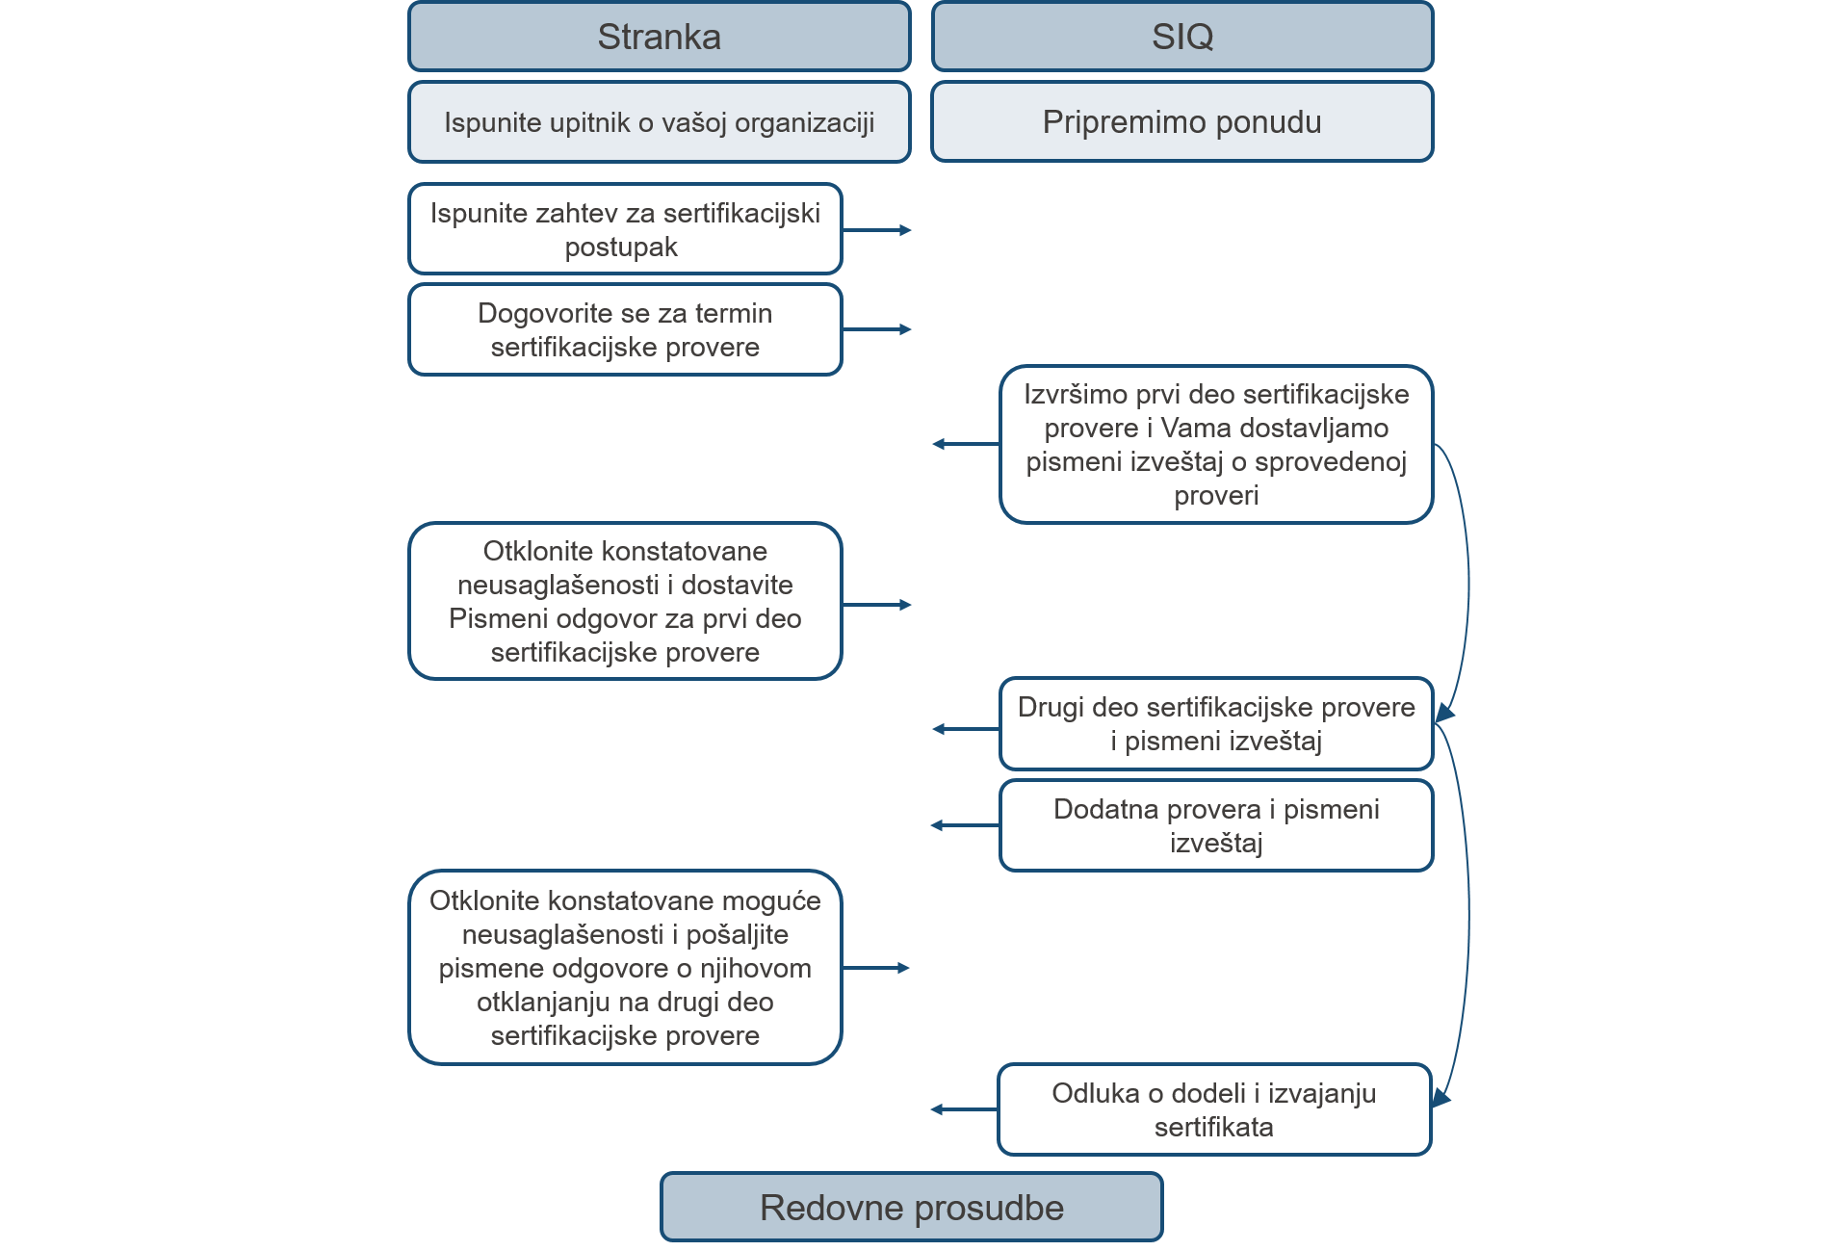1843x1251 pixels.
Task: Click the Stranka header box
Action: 659,37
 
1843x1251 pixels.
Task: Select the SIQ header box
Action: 1182,37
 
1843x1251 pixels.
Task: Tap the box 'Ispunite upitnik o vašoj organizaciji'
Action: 659,122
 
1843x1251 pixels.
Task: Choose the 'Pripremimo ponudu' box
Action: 1182,122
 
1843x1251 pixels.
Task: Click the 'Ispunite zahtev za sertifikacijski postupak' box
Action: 625,229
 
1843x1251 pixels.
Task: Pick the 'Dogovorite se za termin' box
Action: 625,329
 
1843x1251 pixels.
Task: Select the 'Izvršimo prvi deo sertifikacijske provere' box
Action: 1216,444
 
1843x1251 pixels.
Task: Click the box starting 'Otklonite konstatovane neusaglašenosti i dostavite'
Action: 625,601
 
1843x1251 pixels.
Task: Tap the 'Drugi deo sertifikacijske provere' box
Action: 1216,723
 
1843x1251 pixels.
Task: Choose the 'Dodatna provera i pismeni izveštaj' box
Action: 1216,825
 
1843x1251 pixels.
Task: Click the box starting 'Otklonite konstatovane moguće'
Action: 625,967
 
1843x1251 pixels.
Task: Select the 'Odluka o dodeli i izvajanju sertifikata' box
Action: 1214,1109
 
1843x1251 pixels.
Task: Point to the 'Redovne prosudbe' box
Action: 911,1207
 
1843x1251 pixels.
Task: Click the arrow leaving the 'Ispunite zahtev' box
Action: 876,230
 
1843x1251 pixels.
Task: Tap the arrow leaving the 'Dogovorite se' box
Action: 876,329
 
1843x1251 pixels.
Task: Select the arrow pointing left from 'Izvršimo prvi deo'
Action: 966,444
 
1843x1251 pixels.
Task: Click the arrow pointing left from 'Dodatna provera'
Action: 966,825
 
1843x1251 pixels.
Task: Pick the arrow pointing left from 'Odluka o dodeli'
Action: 964,1109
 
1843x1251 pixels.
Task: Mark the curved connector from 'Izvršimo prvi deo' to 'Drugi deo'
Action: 1468,583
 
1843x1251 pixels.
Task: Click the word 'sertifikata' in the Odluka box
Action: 1213,1127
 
